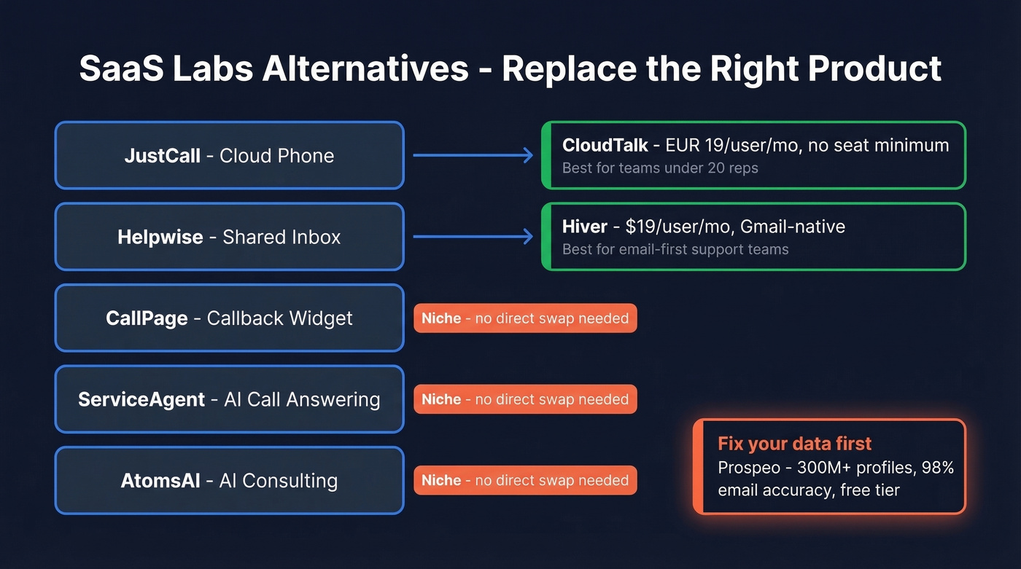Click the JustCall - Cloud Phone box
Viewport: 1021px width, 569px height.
tap(229, 155)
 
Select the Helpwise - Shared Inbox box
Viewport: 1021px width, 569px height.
tap(229, 237)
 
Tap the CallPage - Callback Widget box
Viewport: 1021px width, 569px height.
tap(229, 318)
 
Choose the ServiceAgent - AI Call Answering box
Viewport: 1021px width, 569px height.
tap(229, 399)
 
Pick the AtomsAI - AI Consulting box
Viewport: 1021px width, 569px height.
tap(229, 481)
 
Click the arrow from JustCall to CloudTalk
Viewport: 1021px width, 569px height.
tap(473, 155)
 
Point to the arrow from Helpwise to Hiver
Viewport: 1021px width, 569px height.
tap(473, 237)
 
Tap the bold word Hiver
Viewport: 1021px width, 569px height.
tap(584, 227)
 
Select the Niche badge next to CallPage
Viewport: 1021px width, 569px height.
tap(524, 318)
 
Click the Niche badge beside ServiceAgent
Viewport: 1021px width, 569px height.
tap(524, 399)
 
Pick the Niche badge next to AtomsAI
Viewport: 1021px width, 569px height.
tap(524, 481)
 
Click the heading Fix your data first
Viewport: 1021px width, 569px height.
tap(794, 444)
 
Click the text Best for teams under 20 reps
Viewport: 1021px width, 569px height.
tap(659, 168)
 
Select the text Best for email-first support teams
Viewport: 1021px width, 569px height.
tap(675, 250)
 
